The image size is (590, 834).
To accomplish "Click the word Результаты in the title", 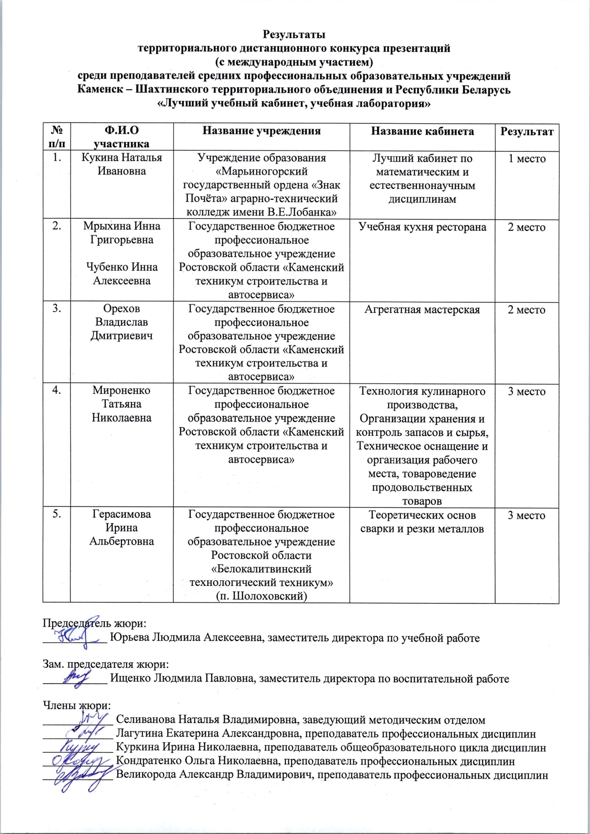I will pos(294,35).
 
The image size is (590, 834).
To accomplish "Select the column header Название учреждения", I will pos(261,131).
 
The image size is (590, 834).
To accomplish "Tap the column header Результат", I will pos(527,131).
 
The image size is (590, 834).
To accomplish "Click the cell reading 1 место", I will pos(527,159).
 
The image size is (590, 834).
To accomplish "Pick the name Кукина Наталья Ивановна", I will pos(121,164).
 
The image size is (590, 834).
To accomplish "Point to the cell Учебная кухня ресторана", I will pos(422,227).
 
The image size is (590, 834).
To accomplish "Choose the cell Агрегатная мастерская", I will pos(422,310).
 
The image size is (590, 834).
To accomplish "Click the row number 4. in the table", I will pos(56,391).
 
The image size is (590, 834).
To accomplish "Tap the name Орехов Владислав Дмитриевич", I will pos(121,322).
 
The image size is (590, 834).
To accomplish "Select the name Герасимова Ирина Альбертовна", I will pos(121,528).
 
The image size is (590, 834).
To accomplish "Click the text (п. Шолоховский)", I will pos(261,596).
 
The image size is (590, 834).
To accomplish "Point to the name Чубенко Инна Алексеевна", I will pos(121,273).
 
